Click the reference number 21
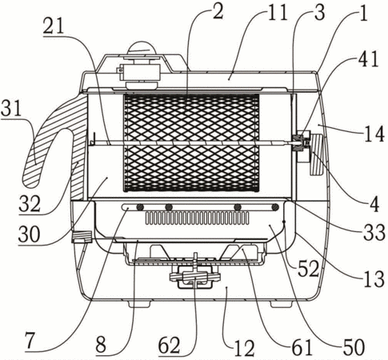point(54,27)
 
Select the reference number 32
point(30,204)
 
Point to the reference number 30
point(30,234)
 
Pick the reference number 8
point(102,344)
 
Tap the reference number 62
point(170,346)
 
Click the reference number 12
point(244,348)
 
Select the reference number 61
point(302,347)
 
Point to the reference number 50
point(354,347)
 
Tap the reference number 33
point(374,232)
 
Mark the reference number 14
point(374,134)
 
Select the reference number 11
point(278,12)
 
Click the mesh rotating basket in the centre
point(191,143)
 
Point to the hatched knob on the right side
point(317,154)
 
